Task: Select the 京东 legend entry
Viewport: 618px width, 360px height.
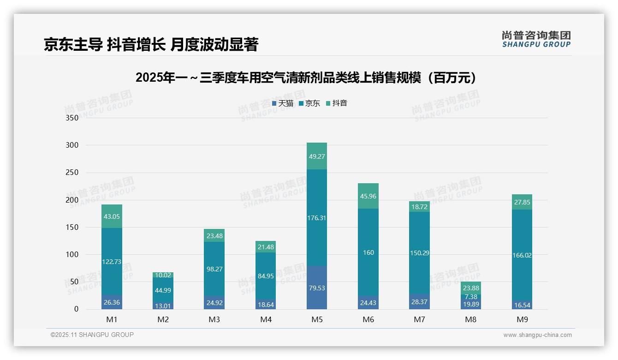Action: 309,103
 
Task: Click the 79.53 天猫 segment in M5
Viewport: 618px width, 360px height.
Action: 316,288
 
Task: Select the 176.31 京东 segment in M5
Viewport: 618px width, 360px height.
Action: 316,218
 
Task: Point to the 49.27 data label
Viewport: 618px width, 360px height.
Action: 316,156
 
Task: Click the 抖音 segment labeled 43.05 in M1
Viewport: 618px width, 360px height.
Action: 112,216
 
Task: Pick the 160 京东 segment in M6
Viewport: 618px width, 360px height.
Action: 368,252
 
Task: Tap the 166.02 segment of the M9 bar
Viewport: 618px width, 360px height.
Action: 522,255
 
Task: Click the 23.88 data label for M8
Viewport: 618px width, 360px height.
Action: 471,288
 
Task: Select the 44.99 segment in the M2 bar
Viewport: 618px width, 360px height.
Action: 163,290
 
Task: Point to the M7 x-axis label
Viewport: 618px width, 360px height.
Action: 419,319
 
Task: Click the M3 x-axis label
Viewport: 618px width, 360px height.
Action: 214,319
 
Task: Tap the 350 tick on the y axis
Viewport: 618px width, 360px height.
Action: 72,118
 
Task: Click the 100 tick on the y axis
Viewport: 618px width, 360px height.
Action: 72,255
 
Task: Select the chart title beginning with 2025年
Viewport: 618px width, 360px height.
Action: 306,78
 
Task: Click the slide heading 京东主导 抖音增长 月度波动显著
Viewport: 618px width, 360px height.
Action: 151,44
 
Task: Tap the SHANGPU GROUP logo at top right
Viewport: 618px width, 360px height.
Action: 536,40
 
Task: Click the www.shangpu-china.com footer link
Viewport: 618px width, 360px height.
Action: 537,335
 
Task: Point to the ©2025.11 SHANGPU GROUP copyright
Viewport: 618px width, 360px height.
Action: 92,335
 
